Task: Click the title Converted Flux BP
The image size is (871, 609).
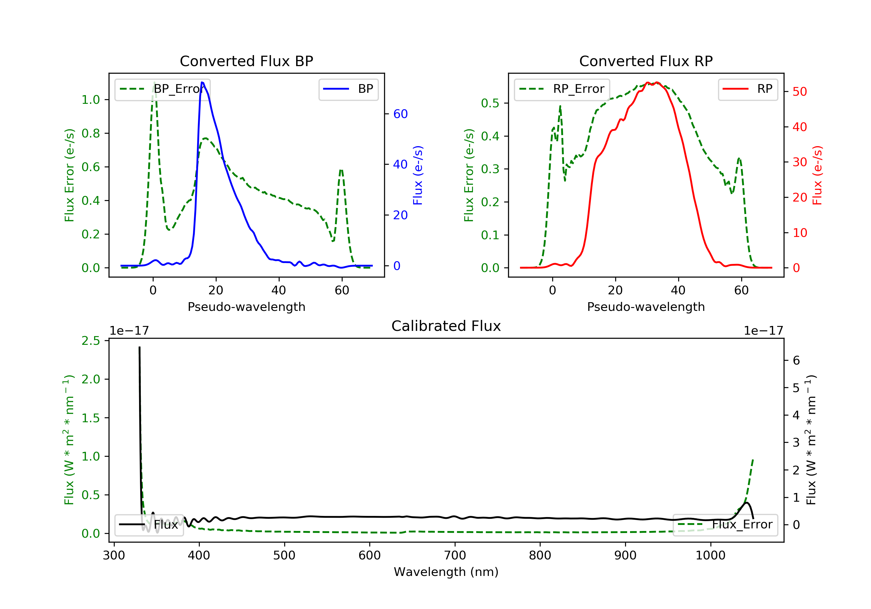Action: [x=246, y=61]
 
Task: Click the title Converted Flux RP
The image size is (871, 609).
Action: [x=646, y=61]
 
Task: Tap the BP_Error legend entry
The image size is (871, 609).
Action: [x=162, y=89]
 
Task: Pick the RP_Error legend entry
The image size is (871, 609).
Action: [x=562, y=89]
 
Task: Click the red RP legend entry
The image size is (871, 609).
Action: [x=748, y=89]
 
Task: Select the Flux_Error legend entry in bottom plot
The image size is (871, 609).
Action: [x=725, y=525]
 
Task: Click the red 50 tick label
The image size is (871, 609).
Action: [x=800, y=92]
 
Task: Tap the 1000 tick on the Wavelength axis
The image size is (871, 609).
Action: [x=710, y=556]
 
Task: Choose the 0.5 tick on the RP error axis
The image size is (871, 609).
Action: [x=490, y=103]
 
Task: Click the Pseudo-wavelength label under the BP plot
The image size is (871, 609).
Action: [x=246, y=307]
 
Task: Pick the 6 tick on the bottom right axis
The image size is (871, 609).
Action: [x=796, y=360]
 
